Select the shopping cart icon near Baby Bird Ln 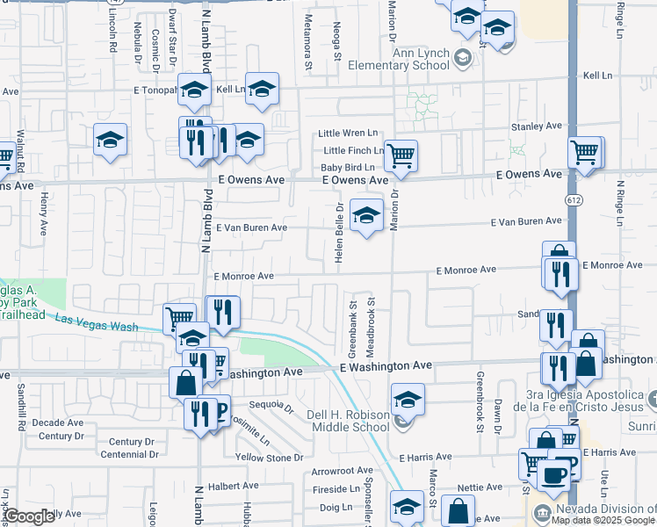pyautogui.click(x=401, y=155)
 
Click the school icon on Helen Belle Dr pyautogui.click(x=366, y=214)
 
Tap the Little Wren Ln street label pyautogui.click(x=347, y=134)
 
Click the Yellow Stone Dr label pyautogui.click(x=269, y=458)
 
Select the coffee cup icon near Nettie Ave pyautogui.click(x=552, y=474)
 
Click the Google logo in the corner pyautogui.click(x=28, y=516)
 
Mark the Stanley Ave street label pyautogui.click(x=536, y=126)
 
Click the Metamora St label pyautogui.click(x=308, y=49)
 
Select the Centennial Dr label pyautogui.click(x=129, y=455)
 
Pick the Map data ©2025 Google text pyautogui.click(x=603, y=519)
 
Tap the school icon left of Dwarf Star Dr pyautogui.click(x=112, y=140)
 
